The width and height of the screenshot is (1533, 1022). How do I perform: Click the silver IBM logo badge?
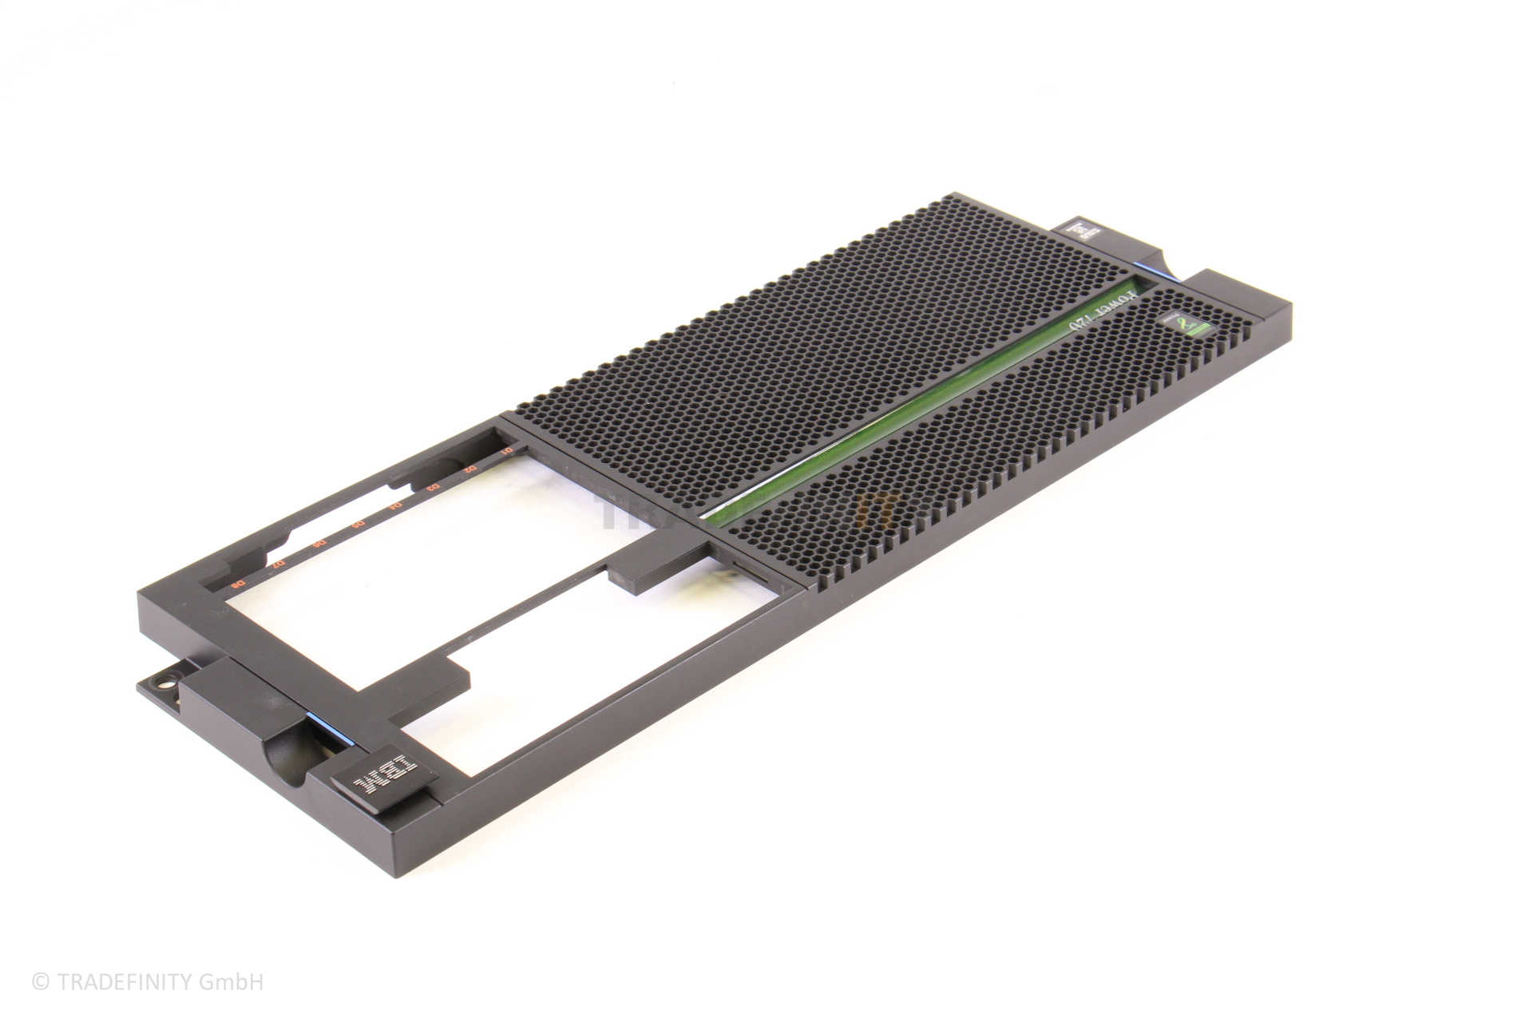pos(384,774)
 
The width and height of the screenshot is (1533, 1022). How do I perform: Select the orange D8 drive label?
pos(237,585)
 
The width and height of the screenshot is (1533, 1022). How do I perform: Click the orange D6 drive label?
pos(319,544)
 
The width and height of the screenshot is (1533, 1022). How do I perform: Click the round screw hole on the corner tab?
pos(164,684)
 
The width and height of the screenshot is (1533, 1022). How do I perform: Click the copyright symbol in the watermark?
pos(40,982)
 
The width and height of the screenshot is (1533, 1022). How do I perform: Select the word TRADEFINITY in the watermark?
pos(125,982)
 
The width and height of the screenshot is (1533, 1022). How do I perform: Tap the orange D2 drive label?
pos(471,469)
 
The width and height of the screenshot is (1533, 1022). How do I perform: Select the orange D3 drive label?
pos(434,487)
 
